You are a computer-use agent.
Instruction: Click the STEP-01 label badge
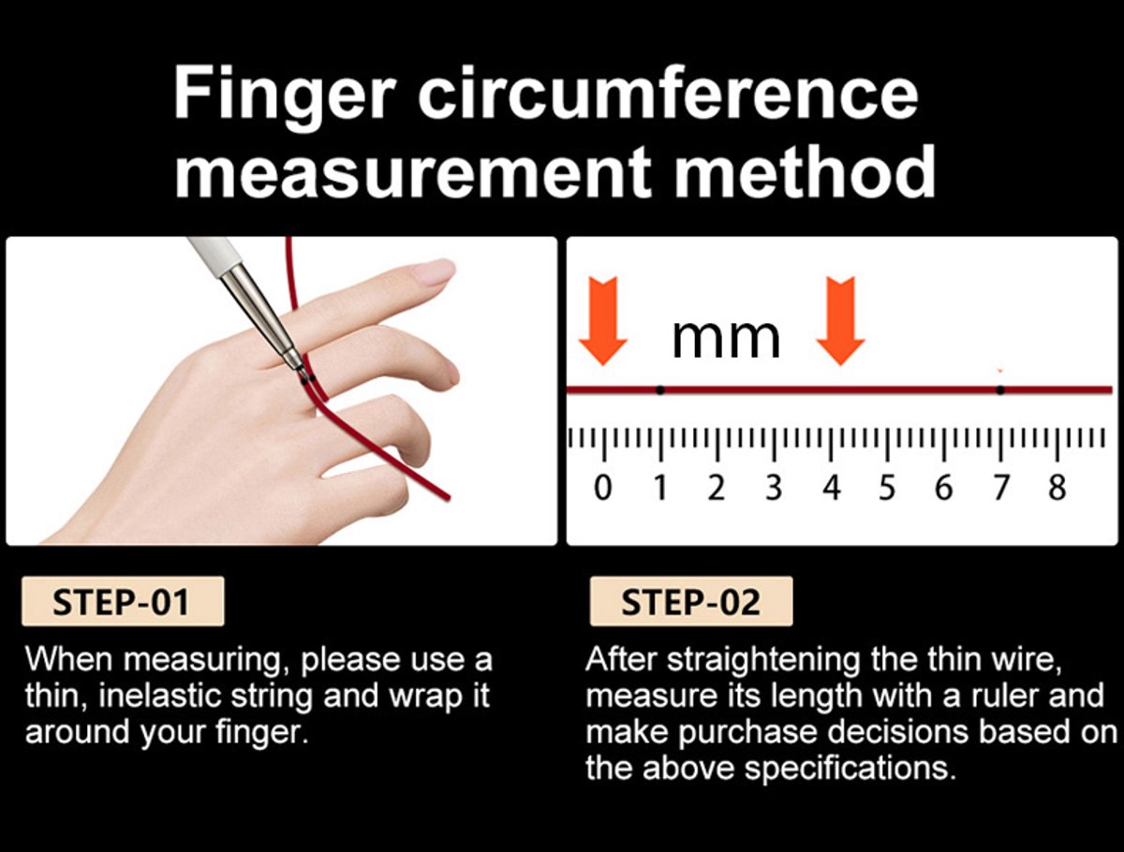(123, 601)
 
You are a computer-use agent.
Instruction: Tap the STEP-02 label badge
(691, 601)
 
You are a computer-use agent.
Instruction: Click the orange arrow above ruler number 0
(603, 321)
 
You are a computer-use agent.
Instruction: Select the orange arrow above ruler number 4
(840, 321)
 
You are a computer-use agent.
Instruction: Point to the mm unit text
(726, 339)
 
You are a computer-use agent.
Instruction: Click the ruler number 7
(1001, 487)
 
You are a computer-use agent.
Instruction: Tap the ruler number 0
(602, 487)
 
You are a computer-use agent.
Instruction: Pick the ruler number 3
(774, 487)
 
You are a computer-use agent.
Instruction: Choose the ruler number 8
(1057, 487)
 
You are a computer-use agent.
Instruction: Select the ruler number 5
(887, 487)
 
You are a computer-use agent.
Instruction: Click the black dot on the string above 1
(660, 390)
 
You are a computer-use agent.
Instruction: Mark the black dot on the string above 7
(1000, 389)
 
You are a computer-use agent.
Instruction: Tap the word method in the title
(805, 171)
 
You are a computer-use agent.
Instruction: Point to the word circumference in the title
(668, 92)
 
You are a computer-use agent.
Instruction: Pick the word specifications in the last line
(850, 768)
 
